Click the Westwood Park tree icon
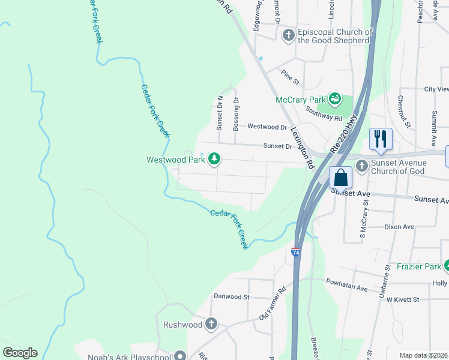(214, 159)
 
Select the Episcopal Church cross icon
(288, 35)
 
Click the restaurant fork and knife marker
(380, 139)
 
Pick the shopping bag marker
(340, 178)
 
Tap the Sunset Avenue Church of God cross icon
(363, 167)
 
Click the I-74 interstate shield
(296, 253)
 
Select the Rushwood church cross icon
(211, 324)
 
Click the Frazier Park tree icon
(447, 265)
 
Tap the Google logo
(20, 353)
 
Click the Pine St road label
(290, 77)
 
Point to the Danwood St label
(231, 296)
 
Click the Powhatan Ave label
(346, 284)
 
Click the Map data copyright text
(424, 355)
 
